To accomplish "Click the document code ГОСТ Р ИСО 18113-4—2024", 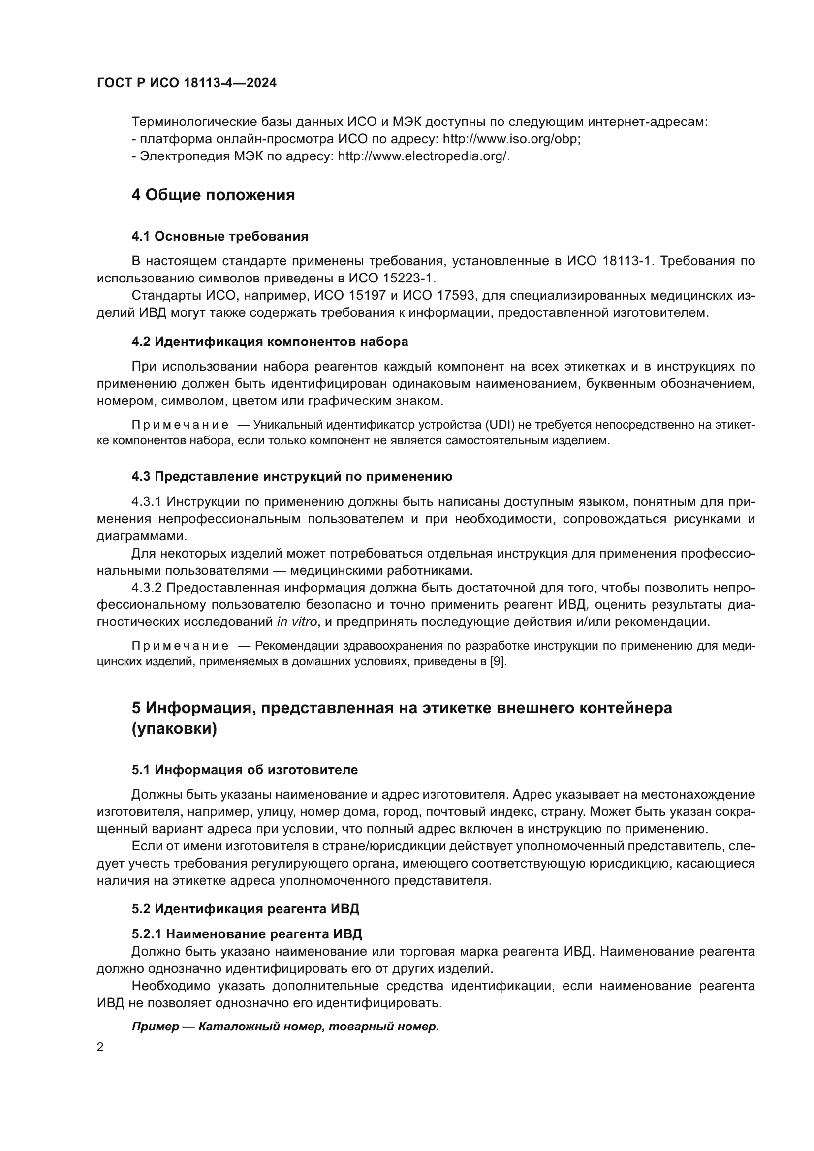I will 187,83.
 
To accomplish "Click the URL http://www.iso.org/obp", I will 511,139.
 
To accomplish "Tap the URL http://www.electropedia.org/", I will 424,156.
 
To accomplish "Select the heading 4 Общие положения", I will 213,195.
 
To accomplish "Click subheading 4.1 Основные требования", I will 220,236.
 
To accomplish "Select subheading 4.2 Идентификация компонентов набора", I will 270,342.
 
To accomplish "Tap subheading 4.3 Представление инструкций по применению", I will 292,476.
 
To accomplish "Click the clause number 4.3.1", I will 146,501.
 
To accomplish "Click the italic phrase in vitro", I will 297,622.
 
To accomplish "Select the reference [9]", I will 498,662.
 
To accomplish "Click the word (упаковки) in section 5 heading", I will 174,729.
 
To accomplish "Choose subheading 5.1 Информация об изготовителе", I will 245,770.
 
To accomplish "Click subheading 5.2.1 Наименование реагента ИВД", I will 247,934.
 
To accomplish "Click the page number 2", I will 100,1047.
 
